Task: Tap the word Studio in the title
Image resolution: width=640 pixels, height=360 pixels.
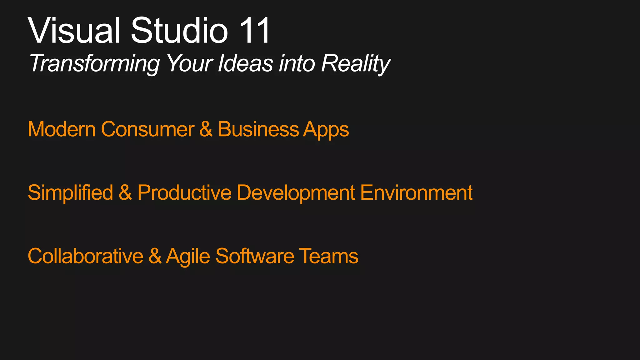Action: click(x=179, y=31)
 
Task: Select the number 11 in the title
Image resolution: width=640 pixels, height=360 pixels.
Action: click(x=255, y=31)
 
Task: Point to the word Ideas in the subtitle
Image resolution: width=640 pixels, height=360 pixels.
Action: click(x=246, y=63)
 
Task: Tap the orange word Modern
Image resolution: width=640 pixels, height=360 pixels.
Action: click(x=62, y=129)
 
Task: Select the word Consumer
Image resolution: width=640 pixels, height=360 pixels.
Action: click(x=147, y=129)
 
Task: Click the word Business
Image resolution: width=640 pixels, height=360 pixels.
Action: click(x=258, y=129)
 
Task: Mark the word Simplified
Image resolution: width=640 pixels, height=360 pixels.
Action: click(x=70, y=192)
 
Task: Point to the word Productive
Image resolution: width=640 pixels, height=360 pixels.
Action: click(x=184, y=192)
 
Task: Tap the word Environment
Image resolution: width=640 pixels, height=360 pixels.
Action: click(x=416, y=192)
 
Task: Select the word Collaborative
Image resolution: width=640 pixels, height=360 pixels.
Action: click(x=85, y=256)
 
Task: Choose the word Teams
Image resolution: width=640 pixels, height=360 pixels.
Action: click(x=328, y=256)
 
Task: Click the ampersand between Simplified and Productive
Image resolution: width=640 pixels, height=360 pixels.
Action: click(x=125, y=192)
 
